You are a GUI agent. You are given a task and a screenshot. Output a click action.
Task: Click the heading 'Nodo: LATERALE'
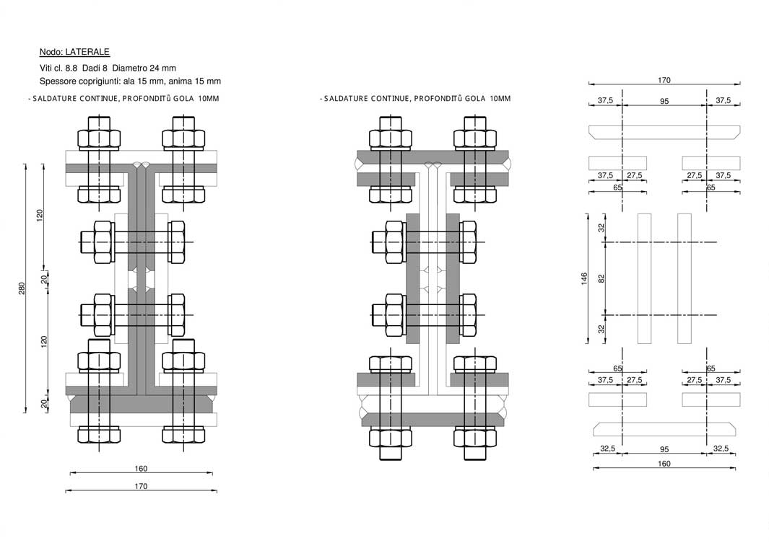74,52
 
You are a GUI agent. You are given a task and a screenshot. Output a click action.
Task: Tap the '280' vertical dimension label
22,288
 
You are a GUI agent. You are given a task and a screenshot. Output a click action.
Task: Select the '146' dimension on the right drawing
584,278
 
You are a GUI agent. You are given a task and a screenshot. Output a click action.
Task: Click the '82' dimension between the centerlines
601,278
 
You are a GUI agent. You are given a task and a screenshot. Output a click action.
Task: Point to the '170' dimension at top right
664,81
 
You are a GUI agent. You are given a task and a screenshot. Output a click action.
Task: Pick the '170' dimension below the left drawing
141,486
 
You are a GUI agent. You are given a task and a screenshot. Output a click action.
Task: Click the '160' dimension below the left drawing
141,469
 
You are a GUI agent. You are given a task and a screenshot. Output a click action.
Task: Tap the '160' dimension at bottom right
664,464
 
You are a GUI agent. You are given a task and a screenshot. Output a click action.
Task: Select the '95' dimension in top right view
664,102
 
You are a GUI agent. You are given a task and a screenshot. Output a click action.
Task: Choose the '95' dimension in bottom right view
664,449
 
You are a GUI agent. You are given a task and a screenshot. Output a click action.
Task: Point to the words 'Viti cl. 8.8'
58,68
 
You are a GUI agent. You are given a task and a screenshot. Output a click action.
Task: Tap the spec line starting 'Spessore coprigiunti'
130,81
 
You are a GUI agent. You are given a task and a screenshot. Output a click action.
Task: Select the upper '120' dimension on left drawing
40,214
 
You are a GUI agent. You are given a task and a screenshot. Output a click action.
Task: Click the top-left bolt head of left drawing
100,138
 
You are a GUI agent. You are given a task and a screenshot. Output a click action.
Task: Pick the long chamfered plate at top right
664,132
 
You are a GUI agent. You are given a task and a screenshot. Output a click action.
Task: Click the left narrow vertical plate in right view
644,278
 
